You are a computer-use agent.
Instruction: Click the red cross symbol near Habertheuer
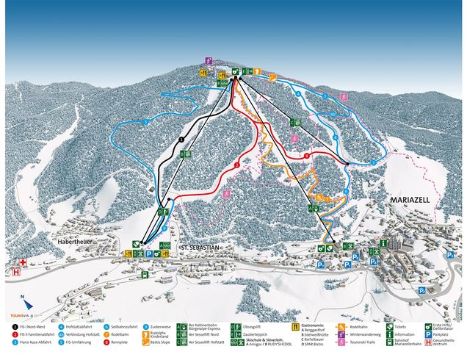coord(23,262)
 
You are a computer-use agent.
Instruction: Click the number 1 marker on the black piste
coord(181,139)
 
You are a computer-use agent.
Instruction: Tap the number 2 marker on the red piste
coord(237,166)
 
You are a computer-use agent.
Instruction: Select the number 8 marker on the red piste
coord(305,155)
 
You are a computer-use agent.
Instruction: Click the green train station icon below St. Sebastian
coord(145,275)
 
